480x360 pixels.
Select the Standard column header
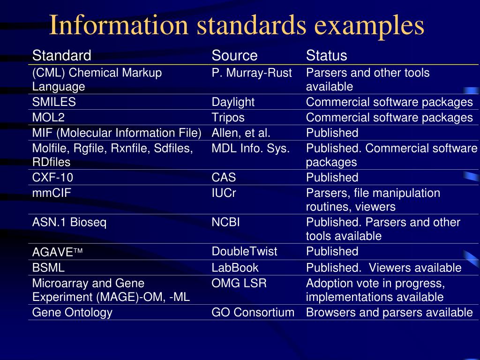(x=61, y=56)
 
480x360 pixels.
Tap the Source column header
(x=234, y=56)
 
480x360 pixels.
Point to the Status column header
(x=326, y=56)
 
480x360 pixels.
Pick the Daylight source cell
(x=233, y=102)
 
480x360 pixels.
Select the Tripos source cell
(x=228, y=117)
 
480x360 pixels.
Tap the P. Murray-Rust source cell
(x=252, y=73)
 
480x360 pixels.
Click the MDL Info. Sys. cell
(x=250, y=149)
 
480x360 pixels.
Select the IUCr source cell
(x=224, y=193)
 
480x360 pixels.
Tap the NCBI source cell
(x=225, y=222)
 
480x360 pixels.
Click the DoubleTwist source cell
(x=244, y=252)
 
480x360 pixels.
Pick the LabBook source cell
(x=235, y=268)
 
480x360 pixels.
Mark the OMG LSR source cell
(x=239, y=284)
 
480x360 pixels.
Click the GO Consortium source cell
(x=253, y=313)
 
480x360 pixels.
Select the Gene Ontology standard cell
(x=72, y=313)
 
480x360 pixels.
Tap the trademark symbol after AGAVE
(x=78, y=252)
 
